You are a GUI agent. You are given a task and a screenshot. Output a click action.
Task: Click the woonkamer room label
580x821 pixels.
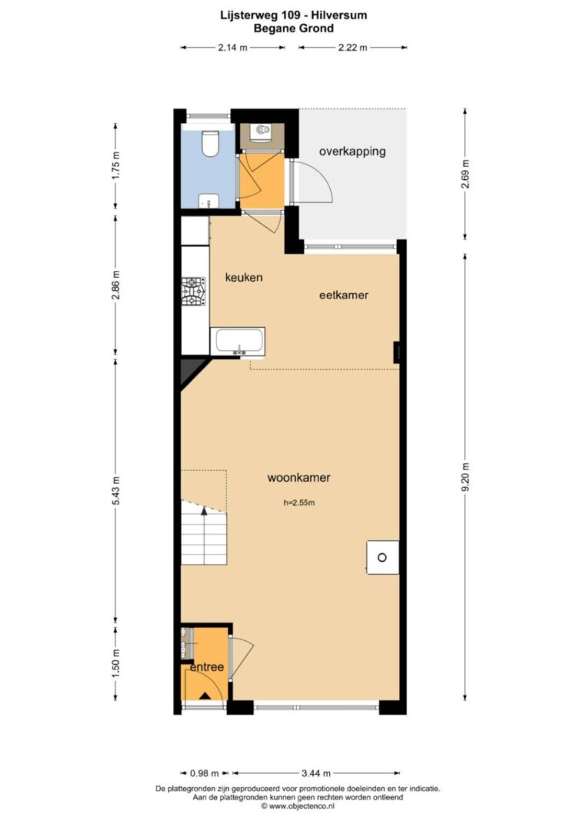tap(298, 478)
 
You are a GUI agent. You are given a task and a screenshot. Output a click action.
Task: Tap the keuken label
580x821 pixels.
tap(243, 278)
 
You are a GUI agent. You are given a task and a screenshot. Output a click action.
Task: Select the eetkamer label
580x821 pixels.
tap(343, 295)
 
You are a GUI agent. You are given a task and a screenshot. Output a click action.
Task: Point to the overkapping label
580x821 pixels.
tap(352, 152)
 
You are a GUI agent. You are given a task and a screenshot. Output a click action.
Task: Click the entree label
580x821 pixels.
tap(207, 667)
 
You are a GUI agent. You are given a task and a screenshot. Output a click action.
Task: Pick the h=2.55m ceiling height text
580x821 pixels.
tap(299, 503)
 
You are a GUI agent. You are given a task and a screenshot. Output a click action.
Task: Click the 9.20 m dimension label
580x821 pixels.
tap(466, 476)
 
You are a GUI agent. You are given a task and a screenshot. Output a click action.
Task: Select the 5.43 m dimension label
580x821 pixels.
tap(116, 491)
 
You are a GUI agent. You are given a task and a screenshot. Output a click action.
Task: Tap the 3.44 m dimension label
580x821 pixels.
tap(316, 773)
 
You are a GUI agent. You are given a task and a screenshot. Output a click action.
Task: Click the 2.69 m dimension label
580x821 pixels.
tap(466, 174)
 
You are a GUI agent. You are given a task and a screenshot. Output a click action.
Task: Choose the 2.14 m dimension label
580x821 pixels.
tap(232, 48)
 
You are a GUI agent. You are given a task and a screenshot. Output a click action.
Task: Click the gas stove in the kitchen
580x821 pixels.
tap(193, 292)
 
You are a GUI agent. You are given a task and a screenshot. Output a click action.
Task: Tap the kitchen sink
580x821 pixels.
tap(237, 342)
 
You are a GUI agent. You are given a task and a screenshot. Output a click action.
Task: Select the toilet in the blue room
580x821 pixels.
tap(211, 142)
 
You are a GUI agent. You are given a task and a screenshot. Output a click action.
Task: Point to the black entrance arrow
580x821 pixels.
tap(205, 696)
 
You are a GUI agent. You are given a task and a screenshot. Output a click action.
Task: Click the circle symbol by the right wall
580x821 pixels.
tap(382, 558)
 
